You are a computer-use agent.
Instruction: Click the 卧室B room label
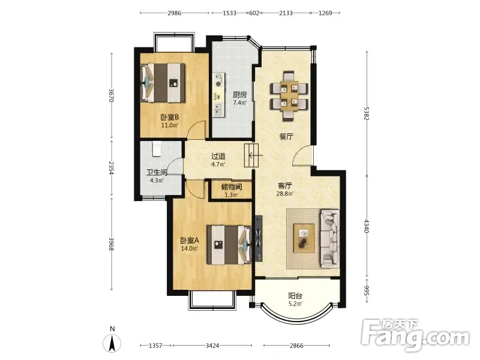click(170, 117)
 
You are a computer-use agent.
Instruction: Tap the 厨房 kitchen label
click(239, 95)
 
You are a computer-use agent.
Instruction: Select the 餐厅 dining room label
click(286, 136)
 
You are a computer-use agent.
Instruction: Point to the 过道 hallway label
click(218, 156)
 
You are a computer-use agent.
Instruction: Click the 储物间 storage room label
click(232, 187)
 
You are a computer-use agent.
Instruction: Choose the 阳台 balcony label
click(295, 296)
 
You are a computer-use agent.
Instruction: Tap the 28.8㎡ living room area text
click(285, 193)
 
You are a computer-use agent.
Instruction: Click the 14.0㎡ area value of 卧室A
click(189, 248)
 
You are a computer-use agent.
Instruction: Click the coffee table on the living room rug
click(304, 238)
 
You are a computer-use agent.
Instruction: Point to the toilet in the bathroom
click(157, 149)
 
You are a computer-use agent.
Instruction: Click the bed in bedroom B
click(163, 83)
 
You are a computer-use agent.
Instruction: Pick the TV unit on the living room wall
click(259, 238)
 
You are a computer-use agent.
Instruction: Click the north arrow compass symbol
click(112, 343)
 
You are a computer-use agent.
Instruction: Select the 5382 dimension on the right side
click(367, 113)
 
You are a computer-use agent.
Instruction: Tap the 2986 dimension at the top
click(174, 13)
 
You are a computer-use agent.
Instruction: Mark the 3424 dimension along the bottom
click(212, 346)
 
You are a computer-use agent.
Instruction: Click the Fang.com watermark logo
click(415, 335)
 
